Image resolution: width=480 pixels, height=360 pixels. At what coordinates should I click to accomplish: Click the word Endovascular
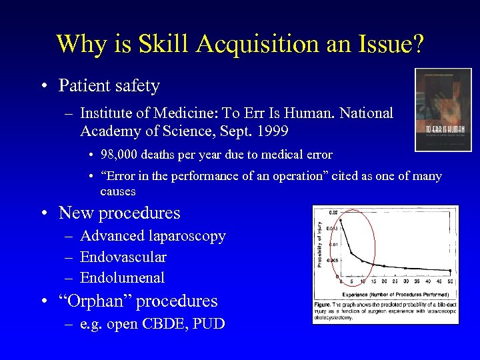pyautogui.click(x=123, y=257)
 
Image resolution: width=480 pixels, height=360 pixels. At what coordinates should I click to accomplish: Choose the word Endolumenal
pyautogui.click(x=122, y=277)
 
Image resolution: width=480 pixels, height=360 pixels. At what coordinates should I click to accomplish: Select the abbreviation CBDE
pyautogui.click(x=161, y=324)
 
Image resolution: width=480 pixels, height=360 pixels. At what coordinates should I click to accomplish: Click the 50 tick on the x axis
pyautogui.click(x=450, y=283)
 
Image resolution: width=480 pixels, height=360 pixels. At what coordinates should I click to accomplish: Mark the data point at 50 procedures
pyautogui.click(x=450, y=271)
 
